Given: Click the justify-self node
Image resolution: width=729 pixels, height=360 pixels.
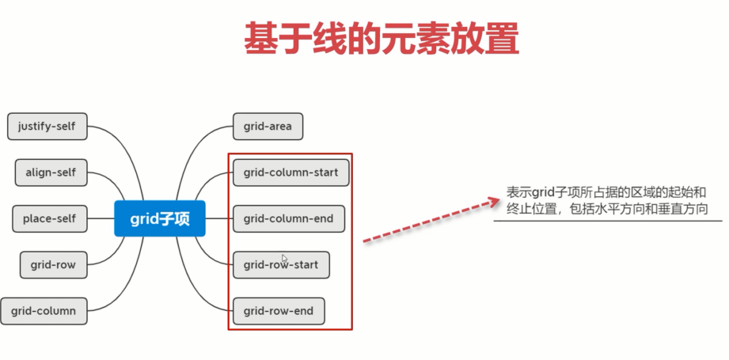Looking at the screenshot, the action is click(47, 127).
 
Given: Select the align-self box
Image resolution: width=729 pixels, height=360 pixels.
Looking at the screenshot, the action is click(51, 172).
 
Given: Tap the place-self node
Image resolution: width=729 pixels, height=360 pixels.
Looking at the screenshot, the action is click(50, 218).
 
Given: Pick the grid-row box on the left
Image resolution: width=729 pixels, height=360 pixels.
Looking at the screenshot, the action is click(54, 265).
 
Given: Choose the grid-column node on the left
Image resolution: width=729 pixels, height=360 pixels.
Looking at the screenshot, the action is click(44, 311).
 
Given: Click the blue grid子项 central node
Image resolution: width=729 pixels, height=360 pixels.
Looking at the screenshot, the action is click(160, 218).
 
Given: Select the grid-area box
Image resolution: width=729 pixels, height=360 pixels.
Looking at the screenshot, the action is click(268, 127).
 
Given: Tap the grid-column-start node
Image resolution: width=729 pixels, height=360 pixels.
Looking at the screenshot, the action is click(291, 172).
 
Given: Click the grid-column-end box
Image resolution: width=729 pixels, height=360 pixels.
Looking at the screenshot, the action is click(289, 218).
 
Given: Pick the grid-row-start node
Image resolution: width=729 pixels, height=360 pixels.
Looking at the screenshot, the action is click(281, 265).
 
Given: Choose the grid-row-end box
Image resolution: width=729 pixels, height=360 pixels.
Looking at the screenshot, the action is click(279, 311).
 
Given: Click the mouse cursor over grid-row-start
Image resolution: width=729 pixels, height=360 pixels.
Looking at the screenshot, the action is click(284, 258).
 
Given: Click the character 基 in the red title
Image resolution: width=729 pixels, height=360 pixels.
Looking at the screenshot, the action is click(260, 39).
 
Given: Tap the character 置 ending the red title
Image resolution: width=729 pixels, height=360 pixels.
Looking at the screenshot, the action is click(503, 39).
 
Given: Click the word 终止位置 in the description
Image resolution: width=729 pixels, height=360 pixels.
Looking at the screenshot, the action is click(531, 209).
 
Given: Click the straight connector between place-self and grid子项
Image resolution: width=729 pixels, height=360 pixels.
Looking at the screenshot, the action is click(101, 218).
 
